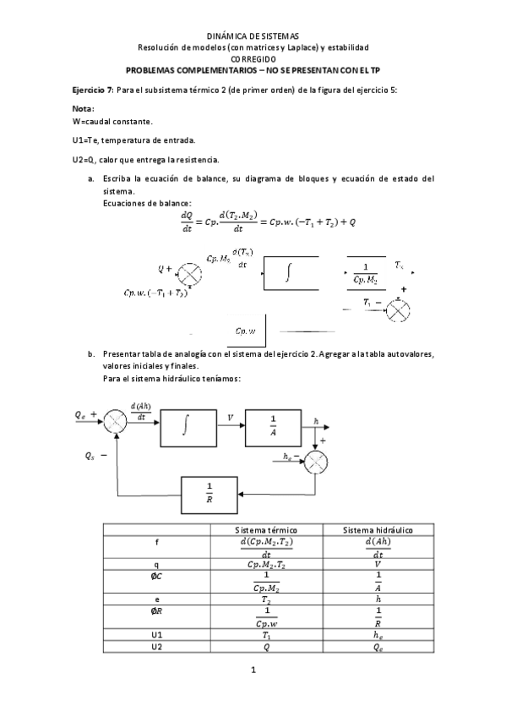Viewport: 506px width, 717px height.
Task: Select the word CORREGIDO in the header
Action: [x=253, y=60]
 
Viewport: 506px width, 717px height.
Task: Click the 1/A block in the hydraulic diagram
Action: [x=274, y=425]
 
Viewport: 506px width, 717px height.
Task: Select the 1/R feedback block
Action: [x=209, y=493]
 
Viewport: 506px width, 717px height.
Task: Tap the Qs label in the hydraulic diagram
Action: [x=90, y=456]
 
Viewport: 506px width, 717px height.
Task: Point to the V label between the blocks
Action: [x=231, y=417]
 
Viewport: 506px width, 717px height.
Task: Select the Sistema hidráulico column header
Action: [x=378, y=529]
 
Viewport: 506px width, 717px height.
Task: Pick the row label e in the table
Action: [x=156, y=599]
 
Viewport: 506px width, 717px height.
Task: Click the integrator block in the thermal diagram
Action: [x=291, y=273]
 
